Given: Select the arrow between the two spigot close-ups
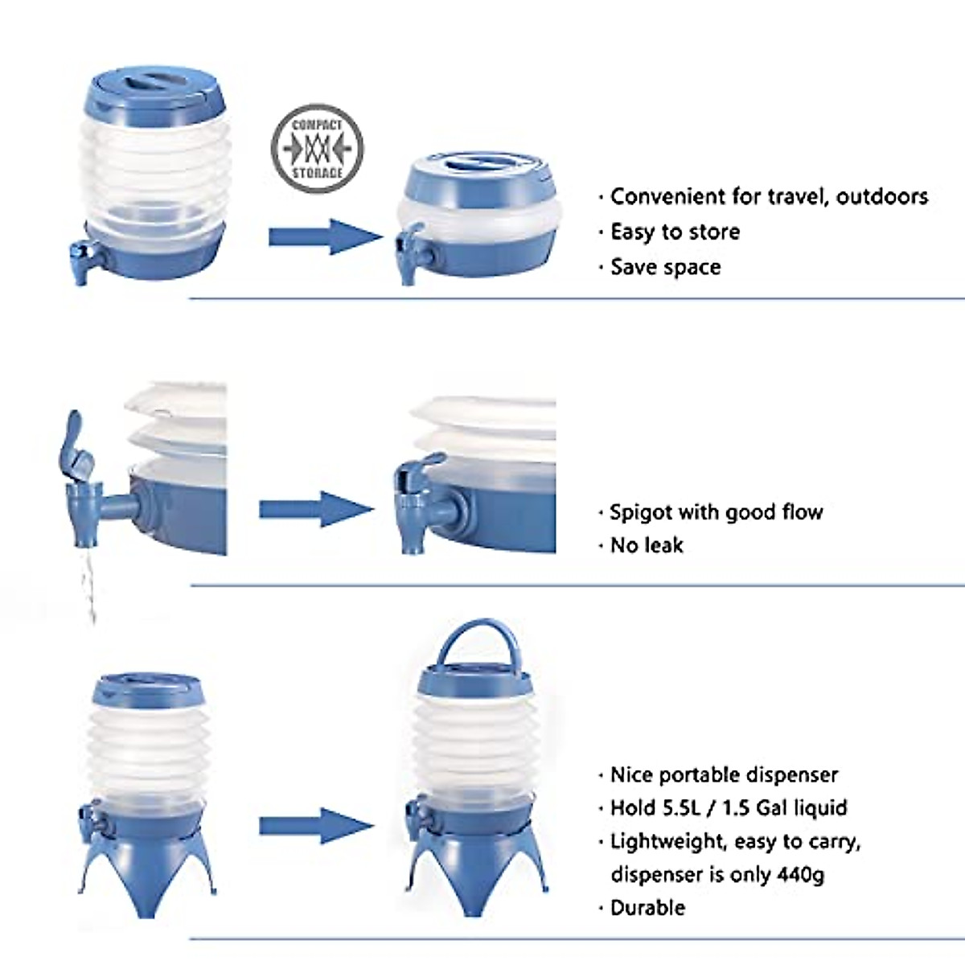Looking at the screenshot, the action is tap(315, 510).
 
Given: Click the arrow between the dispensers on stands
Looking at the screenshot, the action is tap(315, 826).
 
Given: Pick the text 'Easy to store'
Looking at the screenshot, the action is tap(675, 232).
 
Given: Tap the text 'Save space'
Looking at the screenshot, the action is tap(665, 267).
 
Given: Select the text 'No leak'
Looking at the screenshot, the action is tap(647, 545).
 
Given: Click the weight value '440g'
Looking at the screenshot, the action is tap(801, 874).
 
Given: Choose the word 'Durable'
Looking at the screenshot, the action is tap(648, 908).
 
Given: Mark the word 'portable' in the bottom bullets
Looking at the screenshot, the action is tap(704, 775).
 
